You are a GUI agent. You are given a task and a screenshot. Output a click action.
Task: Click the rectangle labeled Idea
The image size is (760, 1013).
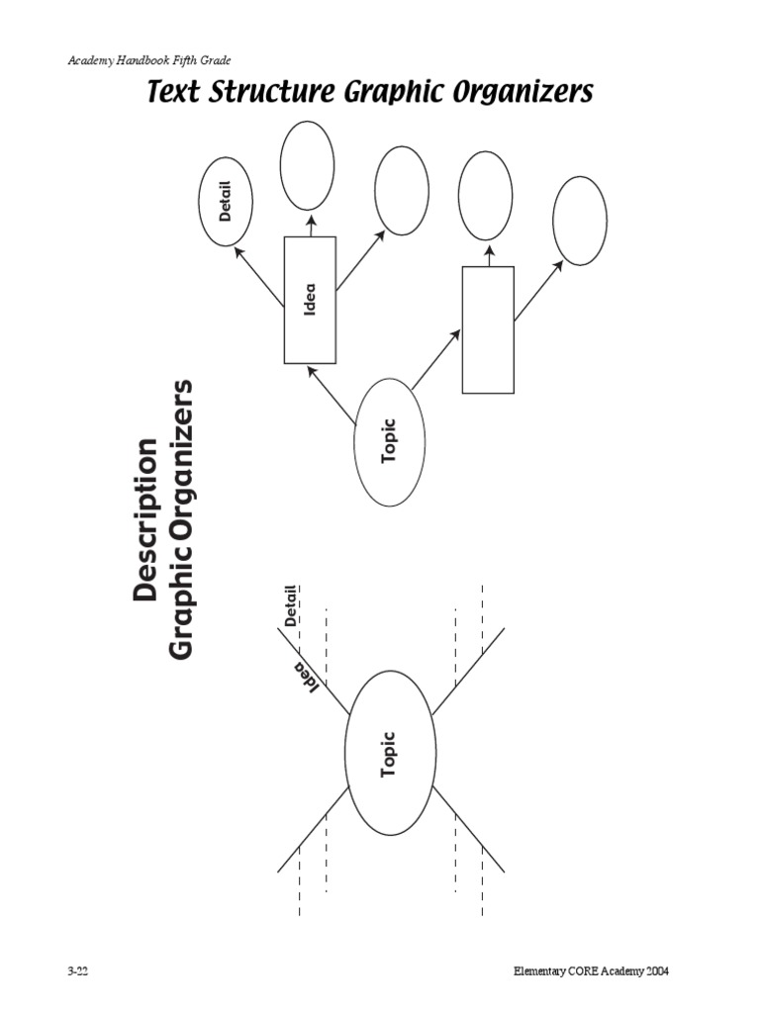(x=310, y=300)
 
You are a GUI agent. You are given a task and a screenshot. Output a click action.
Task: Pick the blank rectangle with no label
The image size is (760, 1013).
(x=488, y=329)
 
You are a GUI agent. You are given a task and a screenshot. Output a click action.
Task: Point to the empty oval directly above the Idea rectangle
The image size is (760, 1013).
(x=307, y=165)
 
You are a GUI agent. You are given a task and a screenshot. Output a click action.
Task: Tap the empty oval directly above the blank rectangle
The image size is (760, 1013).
(x=486, y=196)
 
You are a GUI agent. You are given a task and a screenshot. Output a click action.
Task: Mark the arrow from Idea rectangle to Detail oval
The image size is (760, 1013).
(x=258, y=276)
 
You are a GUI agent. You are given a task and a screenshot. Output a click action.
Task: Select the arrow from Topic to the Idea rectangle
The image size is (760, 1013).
(x=332, y=395)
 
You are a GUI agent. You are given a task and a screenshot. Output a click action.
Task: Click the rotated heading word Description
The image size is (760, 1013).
(x=144, y=519)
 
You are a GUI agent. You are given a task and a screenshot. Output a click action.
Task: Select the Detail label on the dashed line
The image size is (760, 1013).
(x=291, y=605)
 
